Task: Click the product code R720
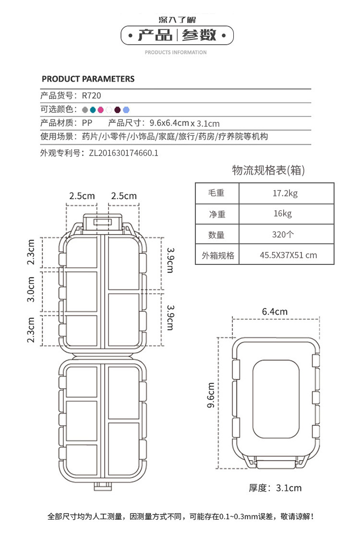click(x=91, y=95)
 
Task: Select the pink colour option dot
click(x=101, y=109)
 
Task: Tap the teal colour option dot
click(x=93, y=109)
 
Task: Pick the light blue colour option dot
click(x=126, y=109)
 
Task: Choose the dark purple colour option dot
click(x=118, y=109)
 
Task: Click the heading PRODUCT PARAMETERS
click(x=88, y=79)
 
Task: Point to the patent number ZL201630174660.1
click(x=123, y=154)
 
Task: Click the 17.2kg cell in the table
click(x=285, y=194)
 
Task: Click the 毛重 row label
click(x=216, y=194)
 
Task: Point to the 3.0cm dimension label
click(x=31, y=289)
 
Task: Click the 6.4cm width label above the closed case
click(x=275, y=312)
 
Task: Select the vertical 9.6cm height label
click(x=210, y=395)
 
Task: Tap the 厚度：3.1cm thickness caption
click(x=275, y=488)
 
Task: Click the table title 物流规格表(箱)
click(x=268, y=170)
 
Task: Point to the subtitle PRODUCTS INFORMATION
click(x=176, y=52)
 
